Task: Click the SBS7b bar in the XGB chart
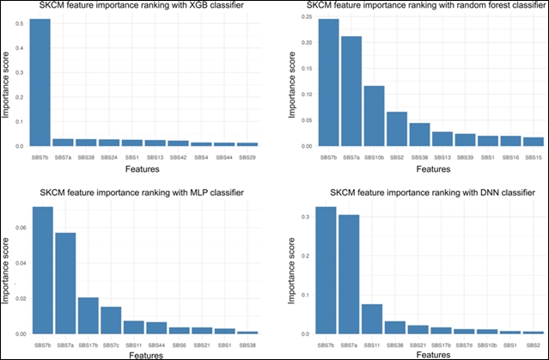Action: (x=40, y=82)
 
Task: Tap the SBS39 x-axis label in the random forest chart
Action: (x=465, y=157)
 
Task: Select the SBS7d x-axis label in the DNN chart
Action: (x=465, y=345)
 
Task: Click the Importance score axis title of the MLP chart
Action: (x=7, y=271)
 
